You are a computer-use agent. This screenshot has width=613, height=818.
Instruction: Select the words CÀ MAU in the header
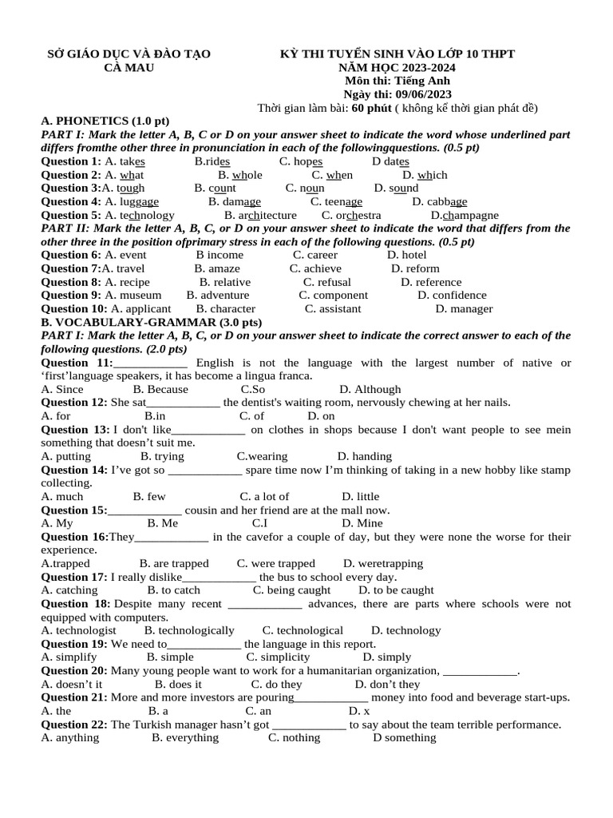(129, 67)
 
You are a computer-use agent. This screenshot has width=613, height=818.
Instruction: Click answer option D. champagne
(465, 215)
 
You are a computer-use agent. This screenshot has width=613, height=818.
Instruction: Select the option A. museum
(133, 295)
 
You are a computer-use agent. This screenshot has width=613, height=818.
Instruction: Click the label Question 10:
(73, 308)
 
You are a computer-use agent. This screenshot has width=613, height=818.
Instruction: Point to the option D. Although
(370, 389)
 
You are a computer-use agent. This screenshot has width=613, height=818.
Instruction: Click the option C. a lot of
(264, 496)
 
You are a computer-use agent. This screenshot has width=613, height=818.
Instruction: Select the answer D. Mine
(363, 523)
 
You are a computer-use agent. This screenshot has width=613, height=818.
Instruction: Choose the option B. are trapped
(174, 563)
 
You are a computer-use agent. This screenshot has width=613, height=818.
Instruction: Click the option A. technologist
(78, 630)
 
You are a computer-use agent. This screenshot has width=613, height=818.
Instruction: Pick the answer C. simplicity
(278, 657)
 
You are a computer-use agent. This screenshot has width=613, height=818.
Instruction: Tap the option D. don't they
(387, 684)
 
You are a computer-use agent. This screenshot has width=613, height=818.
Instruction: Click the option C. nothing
(294, 737)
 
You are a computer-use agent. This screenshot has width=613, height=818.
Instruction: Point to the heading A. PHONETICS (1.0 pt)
(105, 121)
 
